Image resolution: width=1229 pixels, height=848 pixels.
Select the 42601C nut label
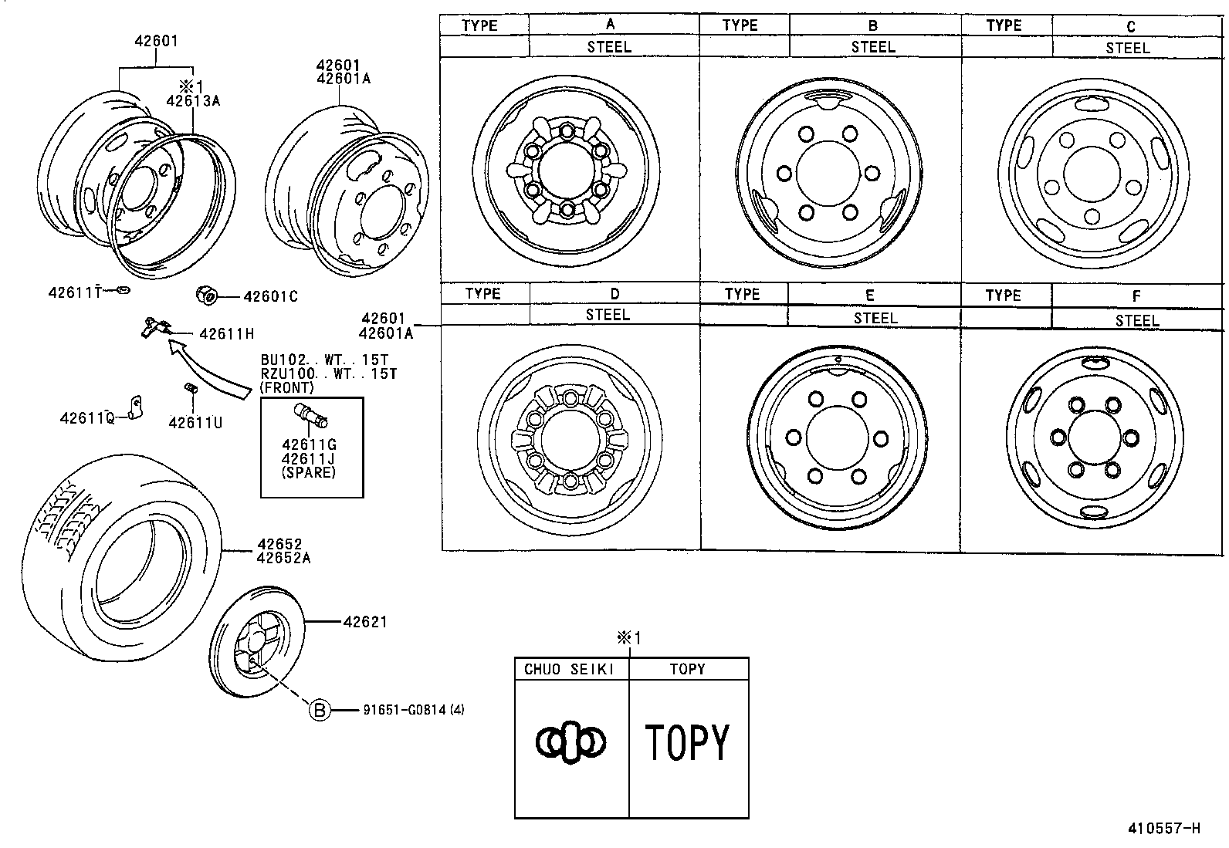pyautogui.click(x=270, y=296)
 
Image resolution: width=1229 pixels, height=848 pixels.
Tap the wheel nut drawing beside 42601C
pyautogui.click(x=206, y=294)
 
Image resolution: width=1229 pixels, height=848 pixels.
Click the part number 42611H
pyautogui.click(x=226, y=334)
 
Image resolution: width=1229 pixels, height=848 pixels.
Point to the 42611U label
pyautogui.click(x=195, y=422)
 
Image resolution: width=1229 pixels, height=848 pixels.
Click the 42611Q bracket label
pyautogui.click(x=86, y=418)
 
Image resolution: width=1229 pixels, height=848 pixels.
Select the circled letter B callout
pyautogui.click(x=320, y=710)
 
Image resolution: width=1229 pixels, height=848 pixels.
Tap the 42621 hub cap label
pyautogui.click(x=364, y=621)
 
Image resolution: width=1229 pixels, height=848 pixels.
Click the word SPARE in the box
pyautogui.click(x=309, y=472)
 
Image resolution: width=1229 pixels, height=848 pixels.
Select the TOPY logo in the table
pyautogui.click(x=687, y=742)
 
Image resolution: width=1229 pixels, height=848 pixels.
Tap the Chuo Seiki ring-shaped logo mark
pyautogui.click(x=570, y=742)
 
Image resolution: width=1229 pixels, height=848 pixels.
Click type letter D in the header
pyautogui.click(x=614, y=294)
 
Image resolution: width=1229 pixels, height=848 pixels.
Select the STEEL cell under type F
pyautogui.click(x=1136, y=320)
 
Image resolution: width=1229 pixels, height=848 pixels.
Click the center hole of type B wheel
pyautogui.click(x=828, y=174)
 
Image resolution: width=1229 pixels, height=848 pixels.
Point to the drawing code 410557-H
pyautogui.click(x=1163, y=829)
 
